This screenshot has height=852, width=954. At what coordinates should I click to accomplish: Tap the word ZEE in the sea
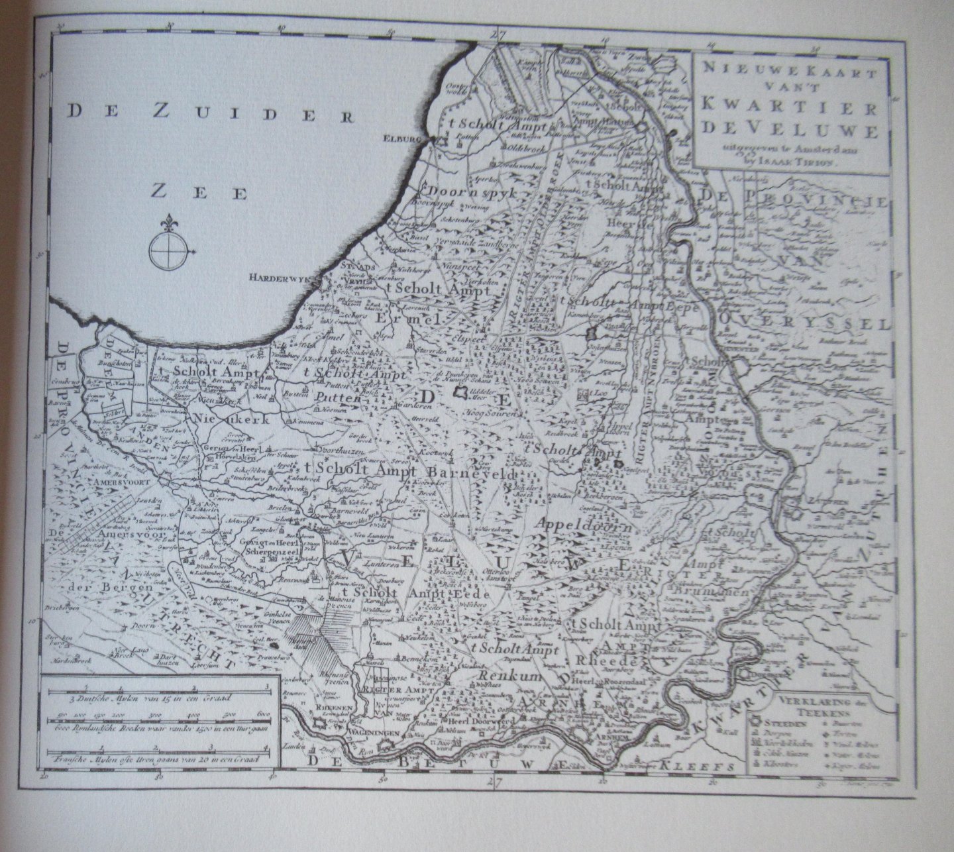[x=198, y=192]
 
